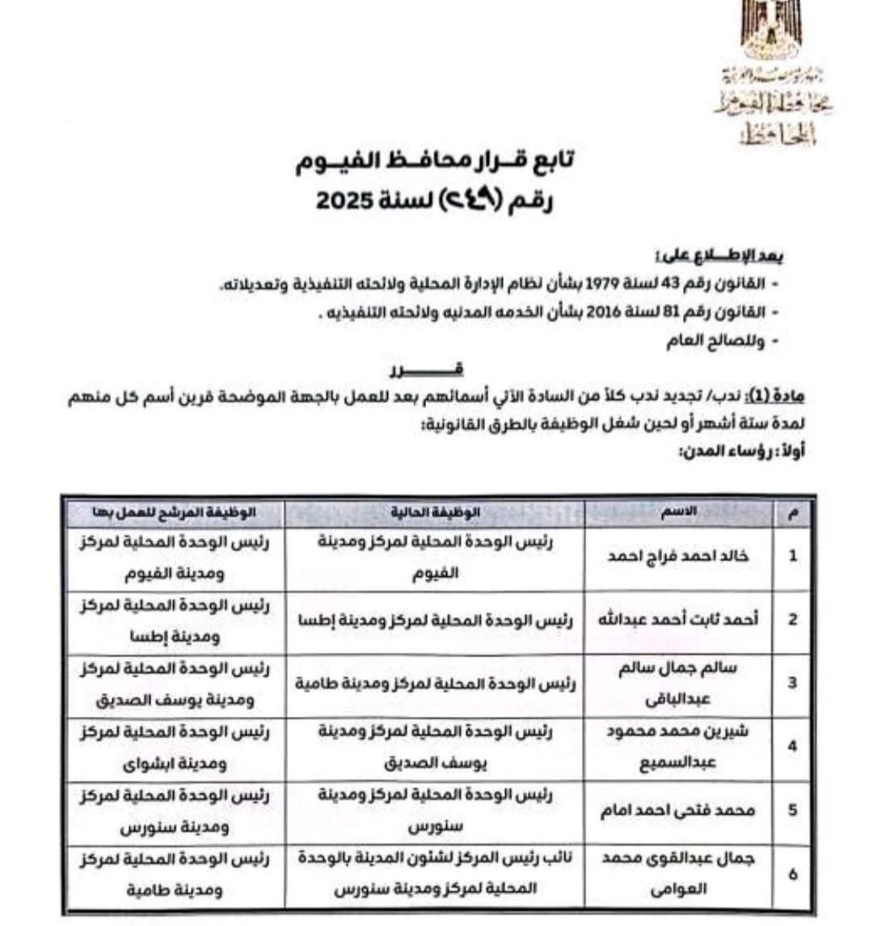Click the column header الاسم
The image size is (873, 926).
coord(680,512)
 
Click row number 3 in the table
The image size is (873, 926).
coord(792,683)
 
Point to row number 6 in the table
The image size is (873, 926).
coord(792,874)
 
